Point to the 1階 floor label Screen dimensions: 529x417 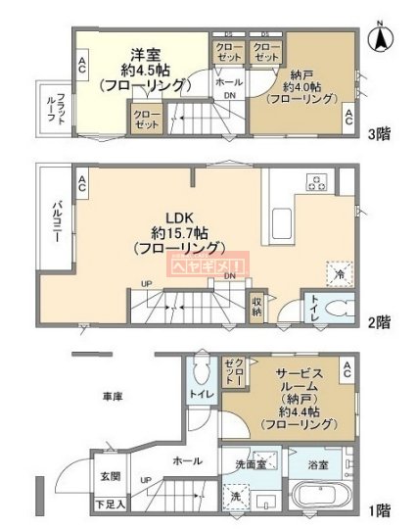pyautogui.click(x=381, y=509)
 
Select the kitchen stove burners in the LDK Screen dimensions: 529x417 pyautogui.click(x=316, y=181)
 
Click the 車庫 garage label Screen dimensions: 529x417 pyautogui.click(x=111, y=397)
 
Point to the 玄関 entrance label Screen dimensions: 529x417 pyautogui.click(x=109, y=477)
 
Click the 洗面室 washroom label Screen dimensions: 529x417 pyautogui.click(x=253, y=462)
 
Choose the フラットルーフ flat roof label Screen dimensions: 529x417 pyautogui.click(x=56, y=109)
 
